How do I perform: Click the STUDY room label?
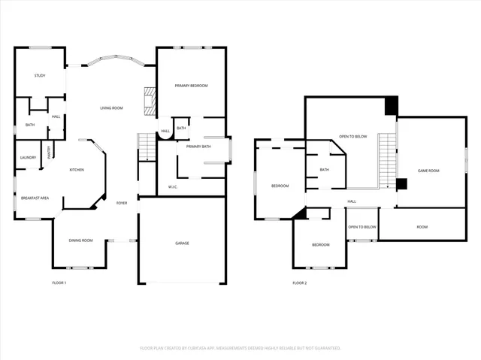click(x=40, y=76)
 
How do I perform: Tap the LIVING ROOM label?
click(x=111, y=108)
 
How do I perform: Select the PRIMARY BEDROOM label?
click(x=191, y=86)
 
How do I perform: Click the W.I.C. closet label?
click(x=172, y=186)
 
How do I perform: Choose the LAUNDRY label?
click(x=29, y=157)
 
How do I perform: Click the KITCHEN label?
click(x=77, y=170)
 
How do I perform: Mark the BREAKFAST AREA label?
click(x=35, y=198)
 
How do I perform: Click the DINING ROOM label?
click(x=80, y=241)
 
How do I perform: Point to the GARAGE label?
click(x=182, y=244)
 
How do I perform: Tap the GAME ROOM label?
click(x=428, y=171)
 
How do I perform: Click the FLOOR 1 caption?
click(x=59, y=283)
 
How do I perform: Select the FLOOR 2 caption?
click(x=299, y=283)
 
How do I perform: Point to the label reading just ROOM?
click(x=422, y=227)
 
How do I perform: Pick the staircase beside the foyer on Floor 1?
click(x=146, y=146)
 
